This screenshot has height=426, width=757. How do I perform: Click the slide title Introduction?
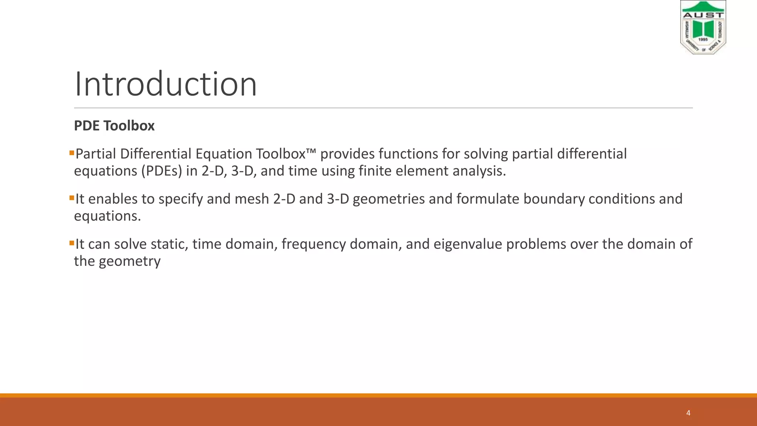[x=166, y=84]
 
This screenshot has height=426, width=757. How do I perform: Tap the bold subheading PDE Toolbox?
[x=114, y=126]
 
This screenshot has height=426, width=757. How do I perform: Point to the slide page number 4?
[x=688, y=413]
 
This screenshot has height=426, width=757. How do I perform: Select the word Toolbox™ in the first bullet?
[x=286, y=154]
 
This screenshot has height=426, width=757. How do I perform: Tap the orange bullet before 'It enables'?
[x=72, y=198]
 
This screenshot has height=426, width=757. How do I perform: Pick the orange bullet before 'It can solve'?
[x=72, y=243]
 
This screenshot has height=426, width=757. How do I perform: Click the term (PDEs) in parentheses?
[x=162, y=171]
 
